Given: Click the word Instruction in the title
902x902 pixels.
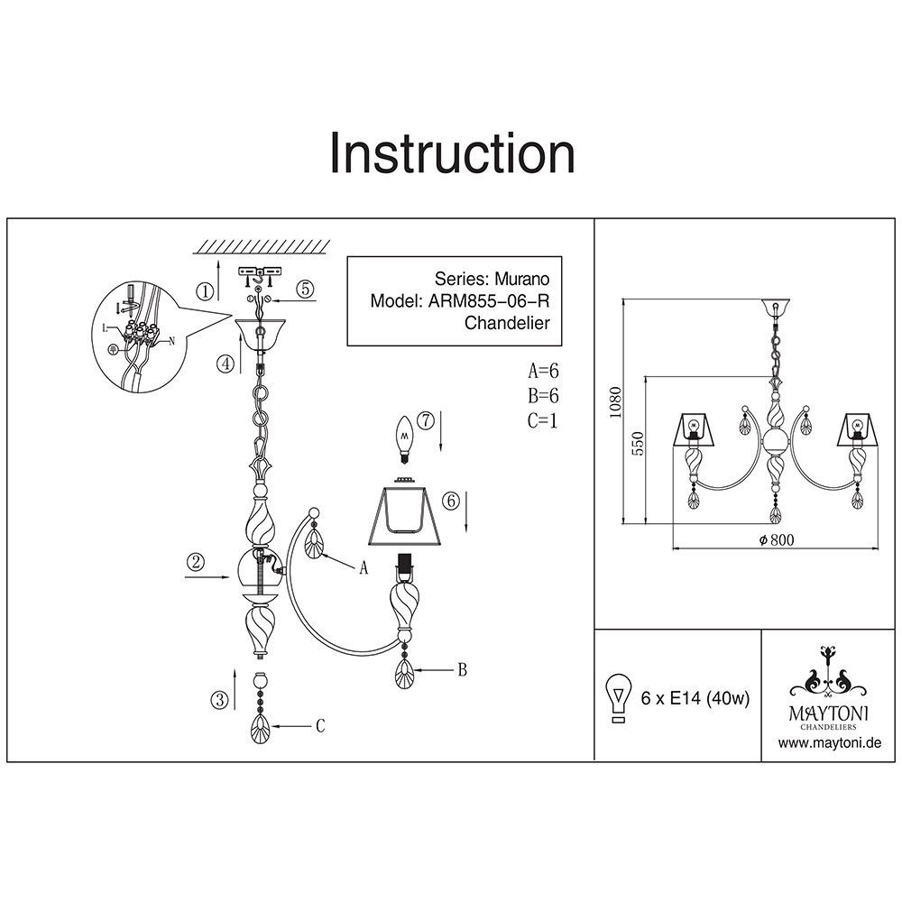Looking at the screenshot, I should (452, 152).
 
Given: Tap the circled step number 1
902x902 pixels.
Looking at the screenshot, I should (207, 290).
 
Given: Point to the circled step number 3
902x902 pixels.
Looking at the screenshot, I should (217, 699).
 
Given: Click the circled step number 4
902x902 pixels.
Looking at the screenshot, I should (225, 364).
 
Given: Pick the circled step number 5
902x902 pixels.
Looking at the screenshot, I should (306, 289).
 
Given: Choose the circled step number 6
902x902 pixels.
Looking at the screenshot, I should (452, 500).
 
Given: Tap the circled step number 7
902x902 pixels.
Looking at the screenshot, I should (426, 419).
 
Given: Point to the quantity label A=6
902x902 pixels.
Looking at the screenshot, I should (545, 371).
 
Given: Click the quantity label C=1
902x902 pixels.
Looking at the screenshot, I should (544, 419).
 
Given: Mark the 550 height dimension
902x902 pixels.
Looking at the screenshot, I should (637, 444).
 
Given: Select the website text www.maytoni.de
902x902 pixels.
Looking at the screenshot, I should (828, 743).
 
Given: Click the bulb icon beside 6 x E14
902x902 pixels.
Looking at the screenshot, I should (619, 698).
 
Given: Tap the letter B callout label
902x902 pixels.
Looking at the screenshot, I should (462, 669).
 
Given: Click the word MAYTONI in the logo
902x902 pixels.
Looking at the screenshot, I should (829, 712).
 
